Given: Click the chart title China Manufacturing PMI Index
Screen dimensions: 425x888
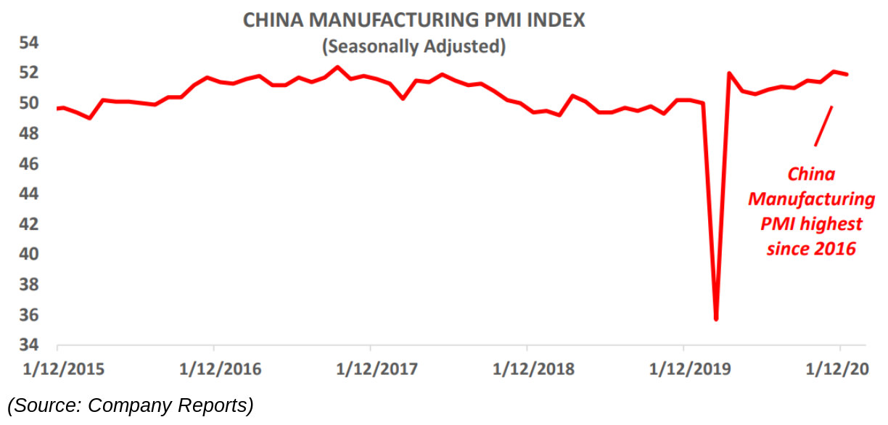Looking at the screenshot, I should pos(414,20).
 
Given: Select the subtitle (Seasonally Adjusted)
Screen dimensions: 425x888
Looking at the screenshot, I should pos(414,46).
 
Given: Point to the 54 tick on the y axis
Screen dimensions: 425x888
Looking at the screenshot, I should pos(28,43).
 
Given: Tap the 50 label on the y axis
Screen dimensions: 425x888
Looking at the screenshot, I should pos(28,103).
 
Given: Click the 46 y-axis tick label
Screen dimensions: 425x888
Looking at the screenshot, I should pos(28,164).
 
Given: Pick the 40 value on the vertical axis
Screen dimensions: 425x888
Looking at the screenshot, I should pos(28,255).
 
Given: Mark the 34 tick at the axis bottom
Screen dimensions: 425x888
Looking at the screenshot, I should pos(28,345).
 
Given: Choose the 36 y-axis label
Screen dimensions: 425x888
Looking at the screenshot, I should pos(28,315).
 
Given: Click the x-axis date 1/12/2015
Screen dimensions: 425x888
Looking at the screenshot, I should pos(63,368).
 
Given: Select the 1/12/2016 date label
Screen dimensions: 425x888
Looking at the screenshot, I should pos(220,368).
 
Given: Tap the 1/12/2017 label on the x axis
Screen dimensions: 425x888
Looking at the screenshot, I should pos(377,368).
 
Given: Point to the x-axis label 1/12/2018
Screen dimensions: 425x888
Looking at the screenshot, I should pos(533,368).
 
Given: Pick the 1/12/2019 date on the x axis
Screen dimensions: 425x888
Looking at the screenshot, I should pos(689,368).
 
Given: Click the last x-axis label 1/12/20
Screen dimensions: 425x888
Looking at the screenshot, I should pos(839,368).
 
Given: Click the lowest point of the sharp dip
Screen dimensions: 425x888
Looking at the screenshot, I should pos(716,318).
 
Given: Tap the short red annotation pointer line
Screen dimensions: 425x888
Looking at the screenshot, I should pos(823,126).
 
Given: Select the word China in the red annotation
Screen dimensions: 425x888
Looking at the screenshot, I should pos(811,174).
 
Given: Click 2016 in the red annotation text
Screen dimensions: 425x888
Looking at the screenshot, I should pos(834,249).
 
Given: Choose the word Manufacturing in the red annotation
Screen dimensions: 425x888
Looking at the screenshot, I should pos(811,199).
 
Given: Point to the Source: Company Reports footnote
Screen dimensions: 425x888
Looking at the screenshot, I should pos(131,405).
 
